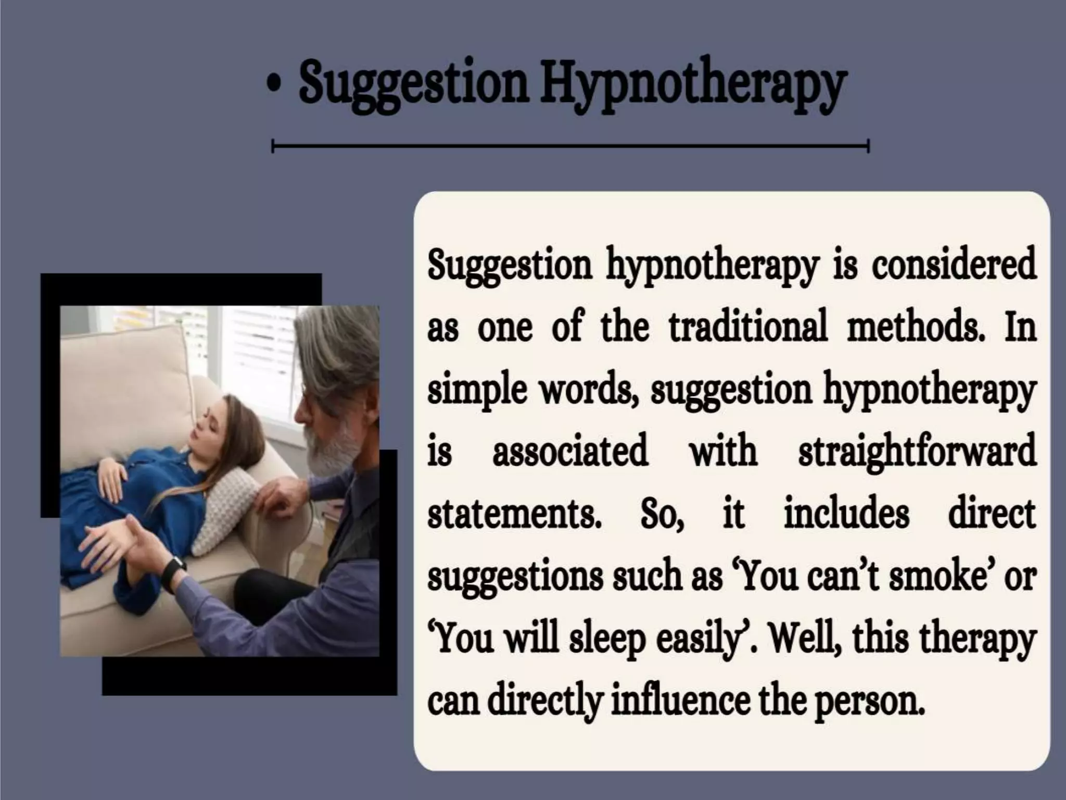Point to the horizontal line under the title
(570, 146)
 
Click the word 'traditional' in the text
(748, 327)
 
